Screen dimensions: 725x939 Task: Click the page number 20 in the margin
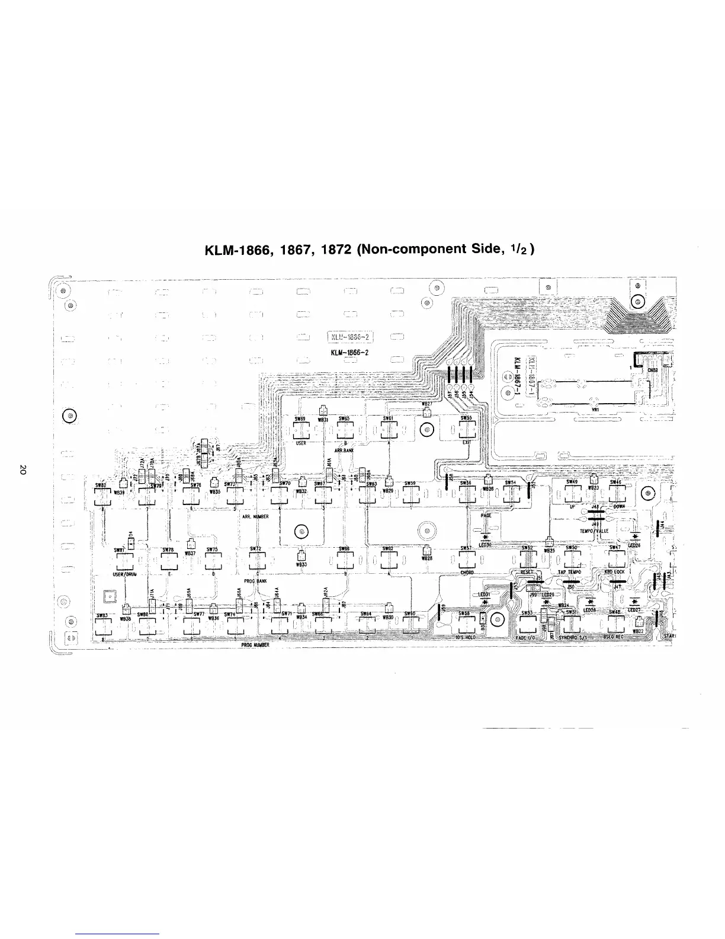pos(22,470)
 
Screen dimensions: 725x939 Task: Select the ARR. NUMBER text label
pos(256,517)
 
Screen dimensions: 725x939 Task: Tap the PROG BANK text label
pos(257,582)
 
